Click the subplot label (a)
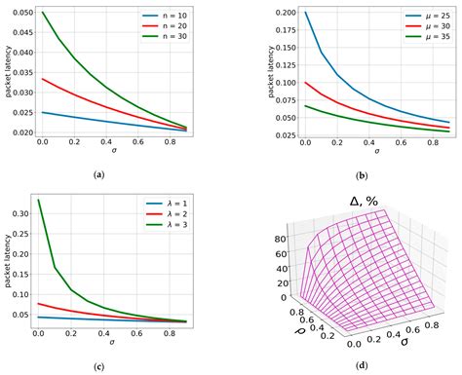[115, 172]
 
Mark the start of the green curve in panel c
[38, 200]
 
